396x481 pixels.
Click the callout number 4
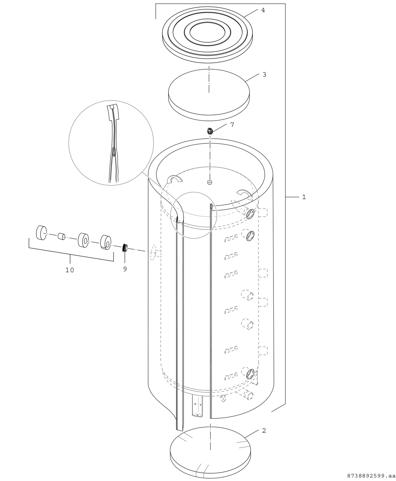[263, 10]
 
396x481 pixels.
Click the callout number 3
[264, 75]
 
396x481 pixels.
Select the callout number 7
[232, 125]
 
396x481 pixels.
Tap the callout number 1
[304, 197]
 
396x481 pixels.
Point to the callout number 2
[264, 431]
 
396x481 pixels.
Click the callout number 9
[125, 269]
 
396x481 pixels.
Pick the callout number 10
[70, 270]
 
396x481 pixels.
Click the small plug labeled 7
[210, 131]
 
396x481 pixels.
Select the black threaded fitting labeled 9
[125, 248]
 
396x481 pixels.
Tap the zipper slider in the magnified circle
[113, 153]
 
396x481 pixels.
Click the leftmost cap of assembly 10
[41, 233]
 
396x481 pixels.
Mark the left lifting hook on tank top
[175, 179]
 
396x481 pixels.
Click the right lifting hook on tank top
[244, 193]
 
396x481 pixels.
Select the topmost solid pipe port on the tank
[250, 214]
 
